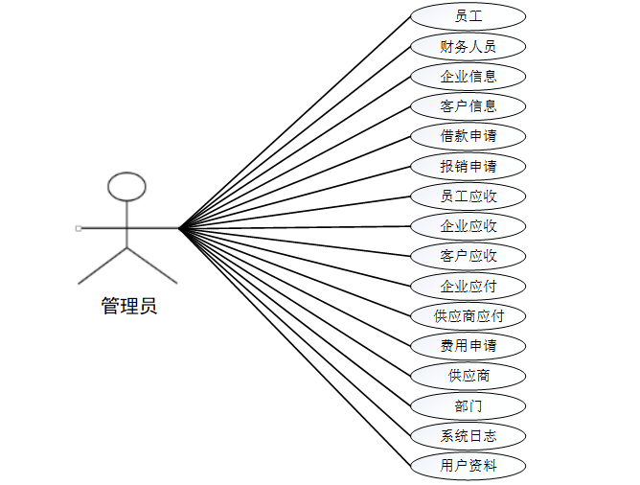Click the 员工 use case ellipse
468,16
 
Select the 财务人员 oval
468,47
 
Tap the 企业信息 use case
468,77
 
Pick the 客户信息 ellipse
468,106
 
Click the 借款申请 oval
468,136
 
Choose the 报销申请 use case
468,166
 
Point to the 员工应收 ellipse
468,196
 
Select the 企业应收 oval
468,226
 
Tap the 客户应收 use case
468,256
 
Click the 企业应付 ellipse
468,287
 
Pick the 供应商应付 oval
468,316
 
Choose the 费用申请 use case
468,346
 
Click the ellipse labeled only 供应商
468,376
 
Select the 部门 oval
468,405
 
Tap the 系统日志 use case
468,435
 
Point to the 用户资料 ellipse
468,466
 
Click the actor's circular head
126,173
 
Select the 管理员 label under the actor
129,306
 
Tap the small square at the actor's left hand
79,229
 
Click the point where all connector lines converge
179,228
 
